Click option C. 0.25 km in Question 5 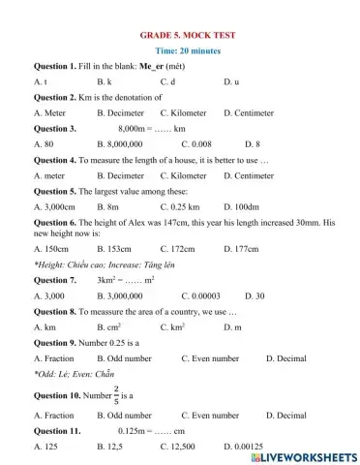click(180, 206)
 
